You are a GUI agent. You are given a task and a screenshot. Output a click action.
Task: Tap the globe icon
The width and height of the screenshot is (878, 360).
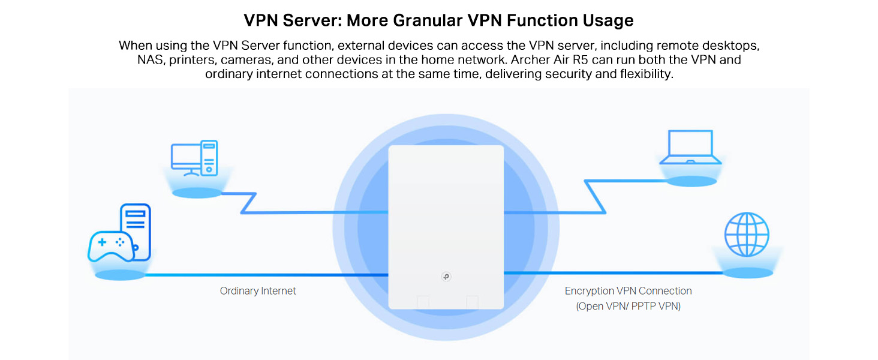tap(746, 235)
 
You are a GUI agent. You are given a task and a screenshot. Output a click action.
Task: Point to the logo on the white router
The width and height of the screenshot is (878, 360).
tap(446, 277)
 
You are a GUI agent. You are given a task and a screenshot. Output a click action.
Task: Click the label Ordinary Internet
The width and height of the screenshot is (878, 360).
tap(258, 291)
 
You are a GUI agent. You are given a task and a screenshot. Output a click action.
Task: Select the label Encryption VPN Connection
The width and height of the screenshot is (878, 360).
tap(628, 291)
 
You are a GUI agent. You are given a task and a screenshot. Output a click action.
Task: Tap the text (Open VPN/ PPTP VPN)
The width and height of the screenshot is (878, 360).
tap(628, 306)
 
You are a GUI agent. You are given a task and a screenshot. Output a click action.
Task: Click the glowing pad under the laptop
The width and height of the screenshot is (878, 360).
tap(690, 181)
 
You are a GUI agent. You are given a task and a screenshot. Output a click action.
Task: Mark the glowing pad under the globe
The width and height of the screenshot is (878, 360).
tap(747, 272)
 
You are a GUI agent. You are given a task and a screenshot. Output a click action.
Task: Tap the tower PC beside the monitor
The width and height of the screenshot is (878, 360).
tap(209, 157)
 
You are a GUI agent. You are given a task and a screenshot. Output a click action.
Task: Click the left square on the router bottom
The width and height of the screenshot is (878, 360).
tap(423, 302)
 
